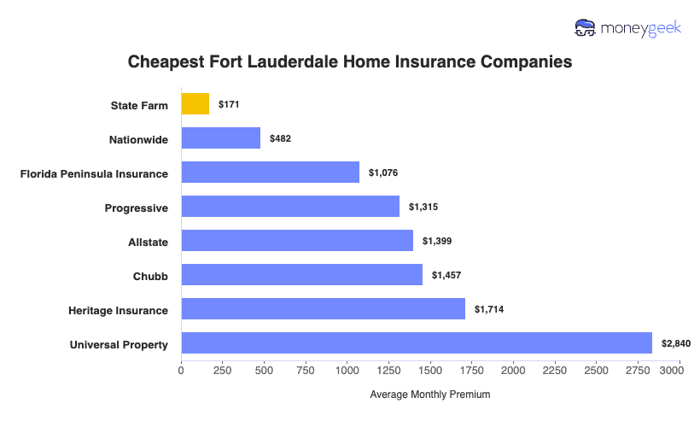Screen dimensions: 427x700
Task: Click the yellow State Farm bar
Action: (x=195, y=104)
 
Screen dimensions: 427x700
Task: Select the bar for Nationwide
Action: (x=220, y=138)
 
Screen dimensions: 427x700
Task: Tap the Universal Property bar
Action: (x=417, y=343)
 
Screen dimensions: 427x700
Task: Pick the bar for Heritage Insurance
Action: (x=323, y=309)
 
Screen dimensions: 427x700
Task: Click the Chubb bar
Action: (x=301, y=275)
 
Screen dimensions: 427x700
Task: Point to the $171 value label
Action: (x=230, y=104)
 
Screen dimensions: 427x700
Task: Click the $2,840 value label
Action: (x=675, y=343)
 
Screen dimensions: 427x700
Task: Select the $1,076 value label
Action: (x=383, y=173)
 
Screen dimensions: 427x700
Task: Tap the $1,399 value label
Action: (x=437, y=241)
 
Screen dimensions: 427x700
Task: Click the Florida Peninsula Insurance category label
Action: (x=94, y=173)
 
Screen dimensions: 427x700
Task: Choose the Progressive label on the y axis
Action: (x=136, y=208)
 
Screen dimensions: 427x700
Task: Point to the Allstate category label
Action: (x=148, y=242)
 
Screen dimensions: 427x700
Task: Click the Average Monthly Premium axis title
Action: (x=429, y=395)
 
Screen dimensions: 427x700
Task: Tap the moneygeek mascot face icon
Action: (x=586, y=28)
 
